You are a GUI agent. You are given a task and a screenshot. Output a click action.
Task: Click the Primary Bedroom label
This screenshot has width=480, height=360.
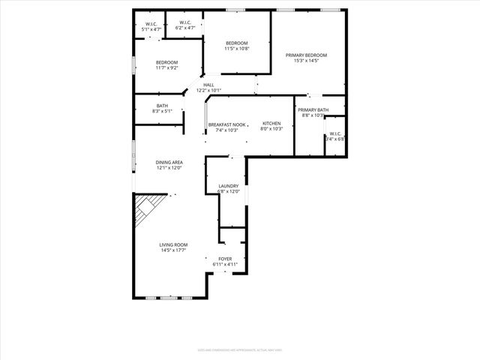click(306, 55)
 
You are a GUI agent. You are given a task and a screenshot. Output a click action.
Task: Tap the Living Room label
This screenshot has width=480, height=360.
click(173, 245)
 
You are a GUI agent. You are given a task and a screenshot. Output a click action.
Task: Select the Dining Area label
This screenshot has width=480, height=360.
click(169, 162)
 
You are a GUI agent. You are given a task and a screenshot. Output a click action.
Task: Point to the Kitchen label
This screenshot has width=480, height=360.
click(271, 123)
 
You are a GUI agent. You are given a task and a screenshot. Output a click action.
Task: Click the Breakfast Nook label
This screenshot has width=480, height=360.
click(226, 123)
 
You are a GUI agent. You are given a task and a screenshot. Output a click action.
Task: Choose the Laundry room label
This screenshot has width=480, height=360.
click(229, 186)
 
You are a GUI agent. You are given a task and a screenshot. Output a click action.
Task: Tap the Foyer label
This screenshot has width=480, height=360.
click(225, 259)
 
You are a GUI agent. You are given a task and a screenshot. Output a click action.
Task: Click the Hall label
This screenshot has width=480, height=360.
click(208, 85)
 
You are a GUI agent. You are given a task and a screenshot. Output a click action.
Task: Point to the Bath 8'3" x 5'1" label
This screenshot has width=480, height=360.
click(163, 106)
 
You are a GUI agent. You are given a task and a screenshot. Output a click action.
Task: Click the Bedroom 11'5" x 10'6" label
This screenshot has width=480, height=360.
click(237, 43)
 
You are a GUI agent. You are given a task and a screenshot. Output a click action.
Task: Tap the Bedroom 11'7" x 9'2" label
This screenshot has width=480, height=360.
click(167, 62)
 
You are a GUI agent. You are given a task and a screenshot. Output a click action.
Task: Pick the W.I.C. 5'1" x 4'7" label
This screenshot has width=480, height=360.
click(151, 24)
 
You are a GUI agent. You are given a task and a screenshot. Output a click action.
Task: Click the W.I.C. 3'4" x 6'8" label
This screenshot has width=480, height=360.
click(334, 135)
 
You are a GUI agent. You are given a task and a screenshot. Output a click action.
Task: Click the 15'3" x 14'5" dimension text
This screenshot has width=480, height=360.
click(306, 61)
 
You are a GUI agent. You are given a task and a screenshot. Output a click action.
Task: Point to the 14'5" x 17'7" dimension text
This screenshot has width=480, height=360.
click(173, 250)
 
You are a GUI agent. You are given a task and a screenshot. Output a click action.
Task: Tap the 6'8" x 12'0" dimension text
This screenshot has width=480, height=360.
click(229, 191)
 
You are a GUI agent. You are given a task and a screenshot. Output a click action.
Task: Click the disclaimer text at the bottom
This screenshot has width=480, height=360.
click(240, 349)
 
